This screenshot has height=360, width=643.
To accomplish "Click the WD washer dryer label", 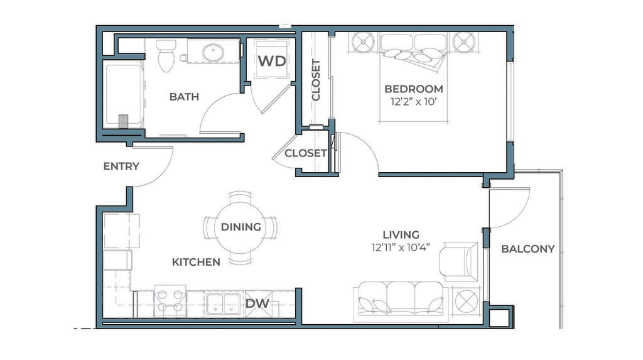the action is [x=272, y=61].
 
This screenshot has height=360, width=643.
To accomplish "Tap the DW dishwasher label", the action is [x=257, y=303].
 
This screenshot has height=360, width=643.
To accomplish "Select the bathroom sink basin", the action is [x=213, y=53].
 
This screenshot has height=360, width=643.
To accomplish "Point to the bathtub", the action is [x=123, y=95].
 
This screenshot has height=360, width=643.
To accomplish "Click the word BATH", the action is [x=184, y=97].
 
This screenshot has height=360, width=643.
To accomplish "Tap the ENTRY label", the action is [x=121, y=166].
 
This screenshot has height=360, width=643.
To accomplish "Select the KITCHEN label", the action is [x=196, y=262].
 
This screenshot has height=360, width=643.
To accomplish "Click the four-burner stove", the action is [x=170, y=301].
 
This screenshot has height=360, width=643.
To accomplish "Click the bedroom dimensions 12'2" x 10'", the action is [x=413, y=102].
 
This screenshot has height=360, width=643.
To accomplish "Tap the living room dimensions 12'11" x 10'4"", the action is [x=401, y=248].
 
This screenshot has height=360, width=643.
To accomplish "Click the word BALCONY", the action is [x=527, y=249].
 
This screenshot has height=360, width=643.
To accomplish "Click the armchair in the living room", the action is [x=459, y=262].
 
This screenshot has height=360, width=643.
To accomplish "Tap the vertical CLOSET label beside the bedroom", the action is [x=316, y=80].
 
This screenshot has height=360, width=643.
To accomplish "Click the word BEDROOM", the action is [x=414, y=89].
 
